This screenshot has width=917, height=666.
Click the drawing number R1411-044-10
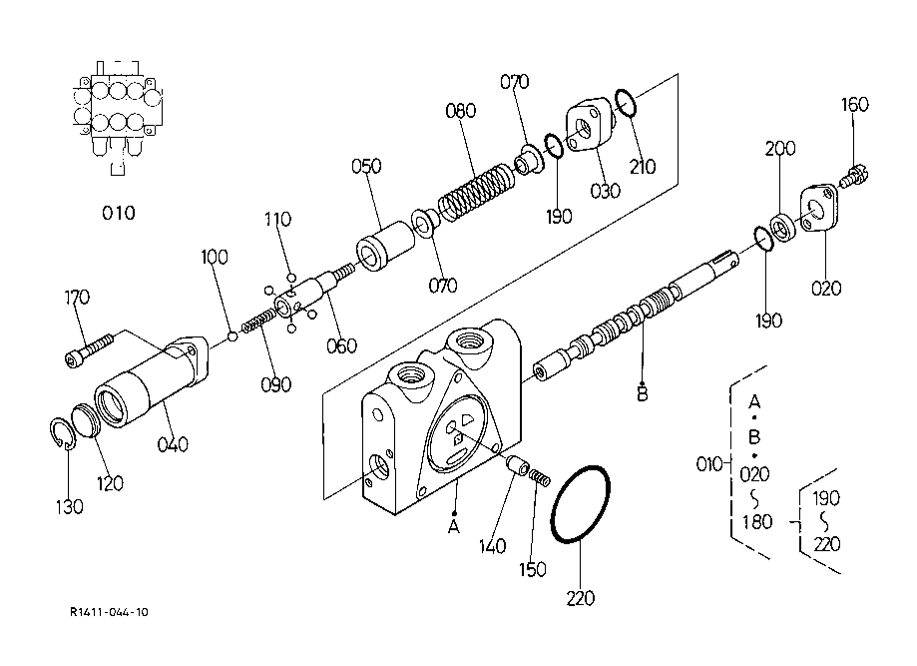(x=110, y=612)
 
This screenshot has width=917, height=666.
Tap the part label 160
(x=855, y=105)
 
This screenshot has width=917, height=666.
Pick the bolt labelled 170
(x=87, y=349)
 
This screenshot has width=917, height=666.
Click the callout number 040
(x=173, y=444)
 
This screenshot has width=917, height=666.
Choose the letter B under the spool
(x=643, y=394)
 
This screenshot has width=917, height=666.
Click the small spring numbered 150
(x=541, y=477)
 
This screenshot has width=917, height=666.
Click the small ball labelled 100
(x=232, y=335)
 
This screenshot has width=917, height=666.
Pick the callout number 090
(x=276, y=385)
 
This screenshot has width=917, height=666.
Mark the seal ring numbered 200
(x=784, y=226)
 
